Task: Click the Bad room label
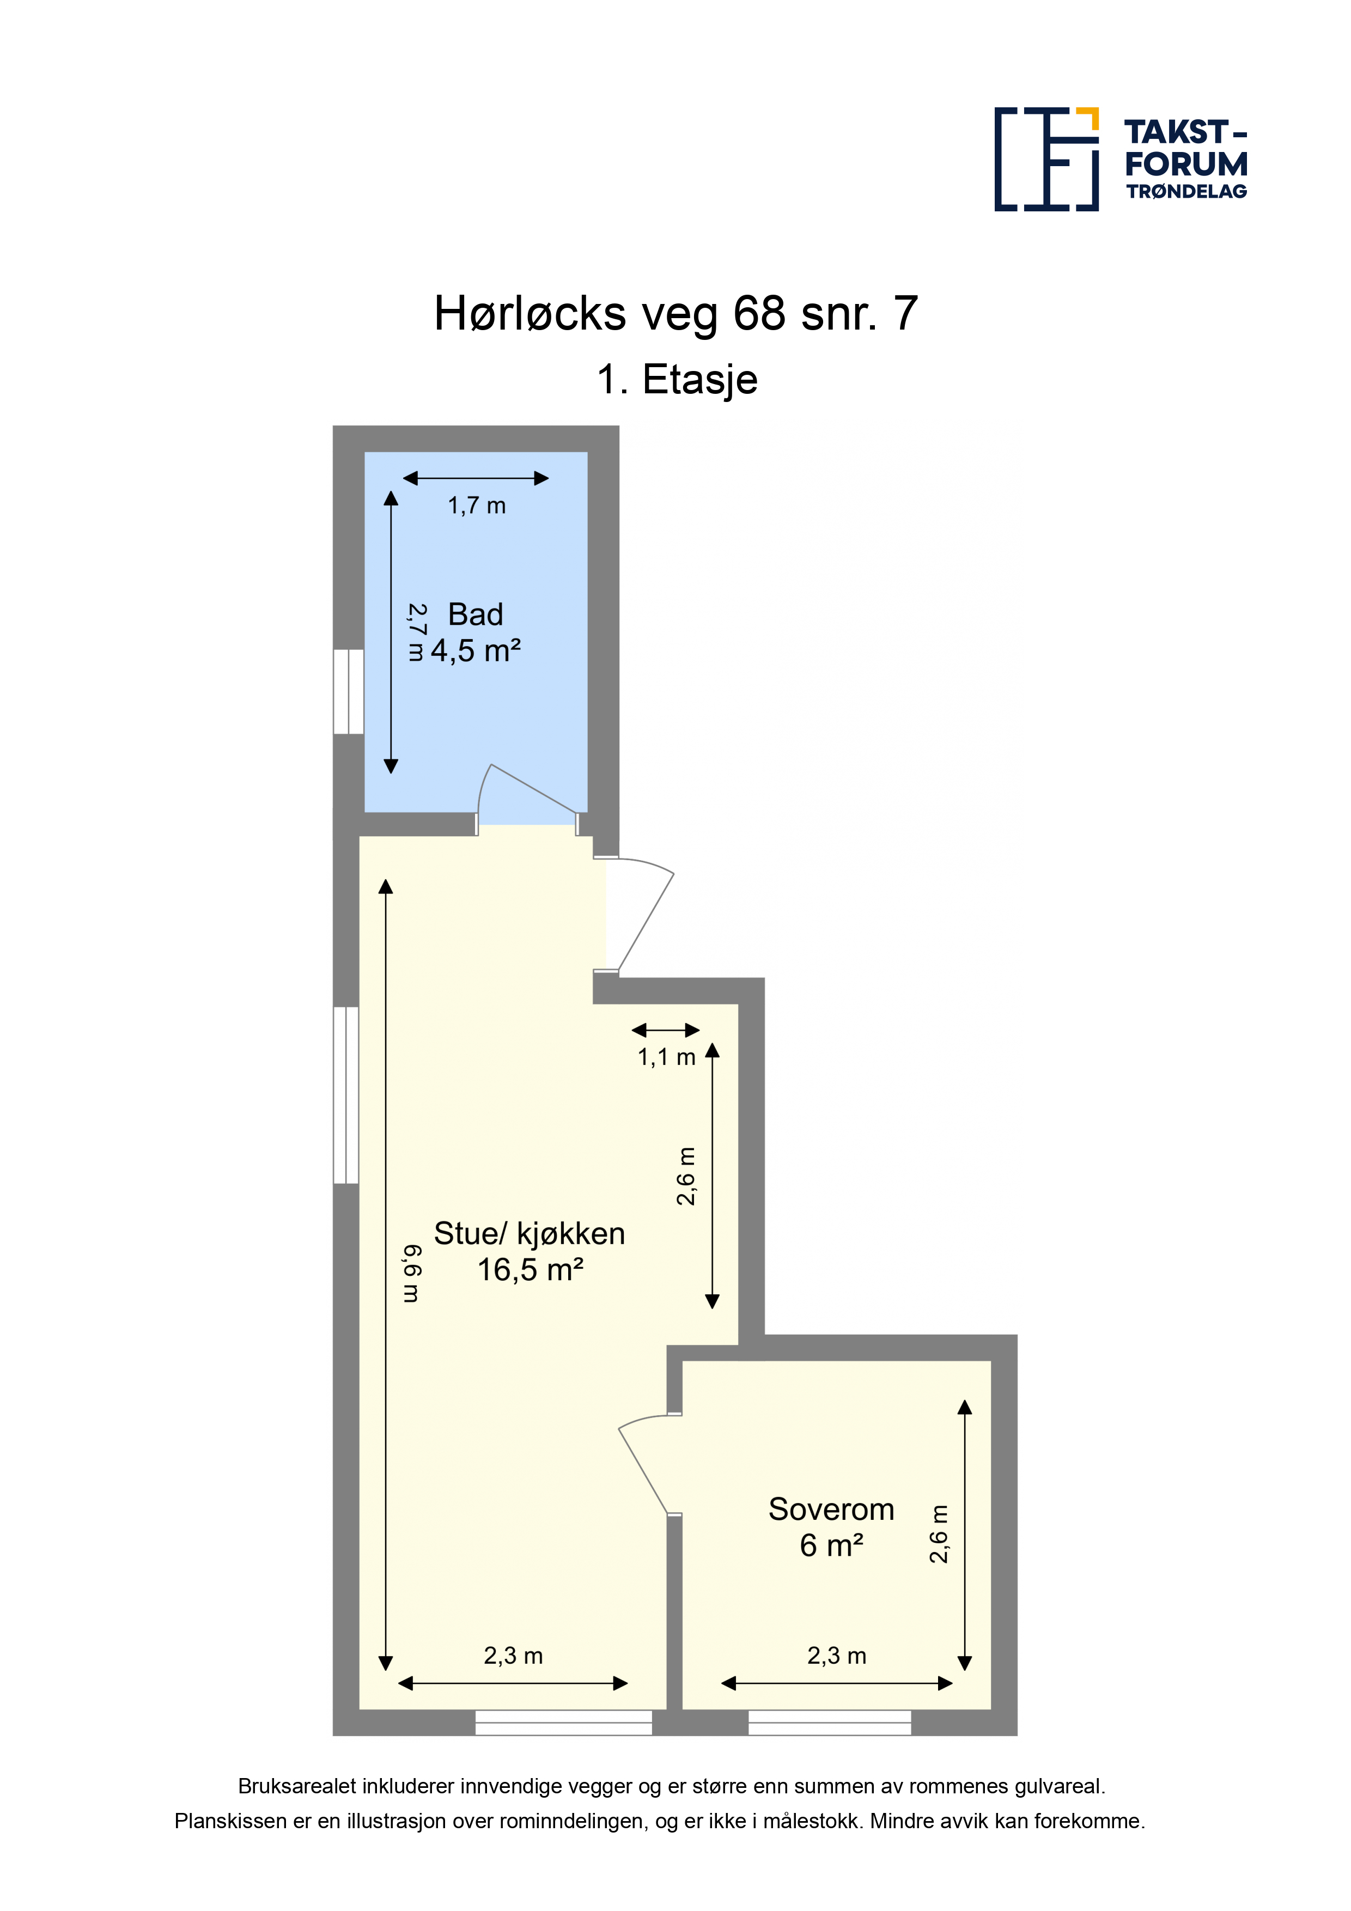pos(476,614)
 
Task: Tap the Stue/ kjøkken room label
pos(530,1233)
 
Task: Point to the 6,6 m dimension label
pos(412,1274)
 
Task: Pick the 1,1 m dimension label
pos(666,1057)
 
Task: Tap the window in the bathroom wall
pos(348,692)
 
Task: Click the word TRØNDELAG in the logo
pos(1186,191)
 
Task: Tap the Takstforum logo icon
pos(1046,159)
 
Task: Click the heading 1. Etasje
pos(677,380)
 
